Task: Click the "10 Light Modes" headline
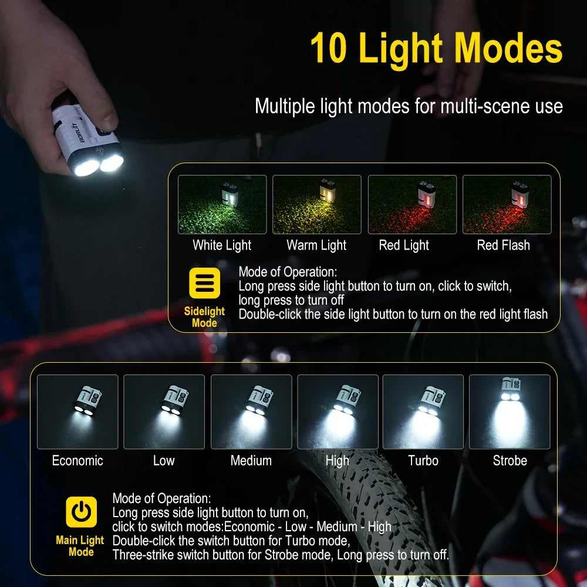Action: pyautogui.click(x=436, y=48)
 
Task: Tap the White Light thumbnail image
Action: pyautogui.click(x=222, y=204)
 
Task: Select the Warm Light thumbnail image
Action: pyautogui.click(x=317, y=204)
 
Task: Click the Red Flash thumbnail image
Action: pyautogui.click(x=507, y=204)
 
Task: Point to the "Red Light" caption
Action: pyautogui.click(x=404, y=245)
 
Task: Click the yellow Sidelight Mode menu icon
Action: pyautogui.click(x=204, y=284)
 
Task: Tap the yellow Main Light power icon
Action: pyautogui.click(x=81, y=512)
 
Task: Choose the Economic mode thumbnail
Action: pyautogui.click(x=77, y=411)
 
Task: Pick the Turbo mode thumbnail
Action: pyautogui.click(x=423, y=411)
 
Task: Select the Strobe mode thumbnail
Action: pyautogui.click(x=510, y=411)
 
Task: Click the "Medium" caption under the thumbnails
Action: pyautogui.click(x=251, y=461)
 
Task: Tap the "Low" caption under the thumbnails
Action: pyautogui.click(x=164, y=461)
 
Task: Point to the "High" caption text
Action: pyautogui.click(x=338, y=461)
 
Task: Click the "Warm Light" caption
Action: pyautogui.click(x=317, y=245)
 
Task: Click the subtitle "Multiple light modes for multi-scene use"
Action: pyautogui.click(x=409, y=106)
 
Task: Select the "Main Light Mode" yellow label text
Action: pyautogui.click(x=80, y=546)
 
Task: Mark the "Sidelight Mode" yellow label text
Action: pyautogui.click(x=204, y=317)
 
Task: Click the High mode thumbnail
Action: pyautogui.click(x=338, y=411)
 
